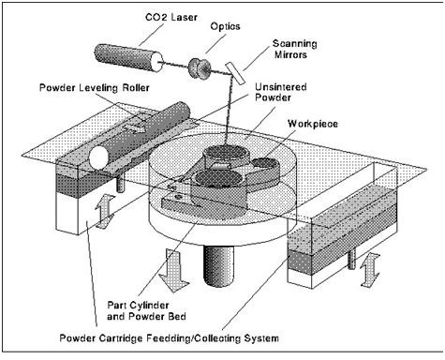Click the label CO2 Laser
[x=171, y=17]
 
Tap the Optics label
[x=225, y=26]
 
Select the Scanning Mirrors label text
[x=294, y=49]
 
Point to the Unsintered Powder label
[x=280, y=92]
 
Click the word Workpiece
[x=313, y=124]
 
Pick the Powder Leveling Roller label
[x=95, y=88]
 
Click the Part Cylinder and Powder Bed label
[x=146, y=310]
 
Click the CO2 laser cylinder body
[x=128, y=57]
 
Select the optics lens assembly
[x=200, y=67]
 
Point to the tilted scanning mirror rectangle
[x=235, y=73]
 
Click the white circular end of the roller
[x=98, y=157]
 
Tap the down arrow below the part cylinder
[x=173, y=270]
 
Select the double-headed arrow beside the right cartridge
[x=370, y=270]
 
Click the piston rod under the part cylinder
[x=218, y=265]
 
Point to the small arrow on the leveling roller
[x=135, y=127]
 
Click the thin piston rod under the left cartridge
[x=120, y=183]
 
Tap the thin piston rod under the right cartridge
[x=351, y=260]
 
